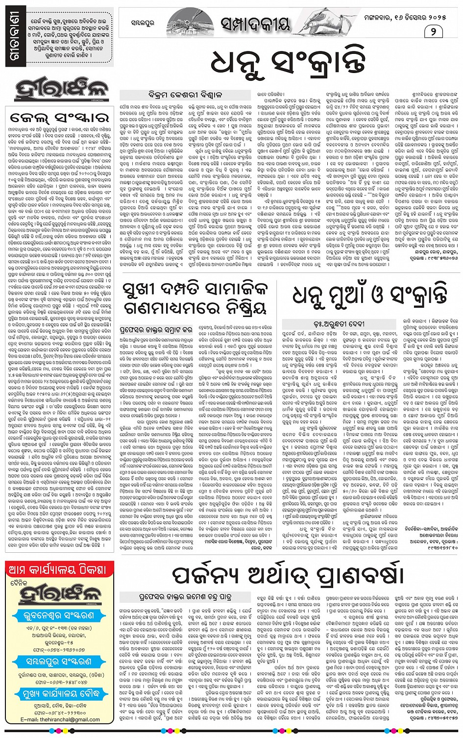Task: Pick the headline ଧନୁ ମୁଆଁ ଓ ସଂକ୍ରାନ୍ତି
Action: (x=370, y=295)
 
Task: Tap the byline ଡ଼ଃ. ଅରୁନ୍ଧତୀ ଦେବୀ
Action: (x=361, y=324)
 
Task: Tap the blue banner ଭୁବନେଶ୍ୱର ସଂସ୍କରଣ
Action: (x=59, y=616)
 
